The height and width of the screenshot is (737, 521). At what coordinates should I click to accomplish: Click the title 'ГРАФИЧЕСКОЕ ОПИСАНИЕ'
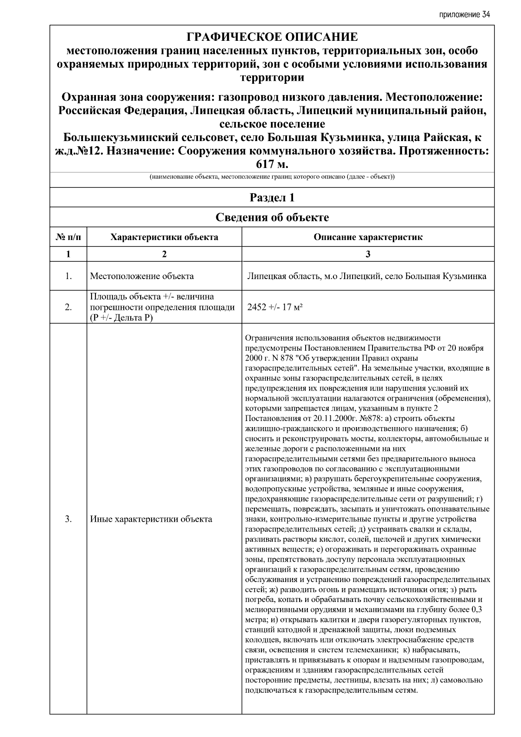click(272, 37)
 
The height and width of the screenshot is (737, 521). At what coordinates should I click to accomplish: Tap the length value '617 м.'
click(272, 165)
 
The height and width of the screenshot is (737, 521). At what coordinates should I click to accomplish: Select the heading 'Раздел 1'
click(272, 198)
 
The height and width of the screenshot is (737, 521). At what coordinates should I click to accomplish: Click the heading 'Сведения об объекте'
click(272, 217)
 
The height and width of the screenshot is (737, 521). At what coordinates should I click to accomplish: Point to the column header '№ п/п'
click(68, 237)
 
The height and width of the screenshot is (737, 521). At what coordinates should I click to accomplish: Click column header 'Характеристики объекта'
click(164, 237)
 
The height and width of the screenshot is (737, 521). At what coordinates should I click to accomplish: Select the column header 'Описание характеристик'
click(368, 237)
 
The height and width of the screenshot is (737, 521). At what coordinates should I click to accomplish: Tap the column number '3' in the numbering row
click(368, 254)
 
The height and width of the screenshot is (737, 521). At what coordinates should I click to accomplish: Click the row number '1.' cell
click(68, 276)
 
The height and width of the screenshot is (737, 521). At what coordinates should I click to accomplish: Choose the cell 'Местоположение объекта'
click(142, 276)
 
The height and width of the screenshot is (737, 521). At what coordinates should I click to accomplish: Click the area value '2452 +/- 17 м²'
click(275, 307)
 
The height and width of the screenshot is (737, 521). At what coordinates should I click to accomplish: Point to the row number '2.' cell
click(68, 307)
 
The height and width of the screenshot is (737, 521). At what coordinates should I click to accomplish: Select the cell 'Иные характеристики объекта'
click(151, 519)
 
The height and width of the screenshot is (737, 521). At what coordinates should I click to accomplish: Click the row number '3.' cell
click(68, 519)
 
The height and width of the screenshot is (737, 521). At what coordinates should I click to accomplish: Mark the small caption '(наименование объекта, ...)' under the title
click(272, 177)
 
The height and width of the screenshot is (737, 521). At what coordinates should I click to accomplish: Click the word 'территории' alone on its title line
click(272, 78)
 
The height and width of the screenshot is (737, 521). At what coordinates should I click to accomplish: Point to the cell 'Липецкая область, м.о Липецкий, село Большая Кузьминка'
click(366, 276)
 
